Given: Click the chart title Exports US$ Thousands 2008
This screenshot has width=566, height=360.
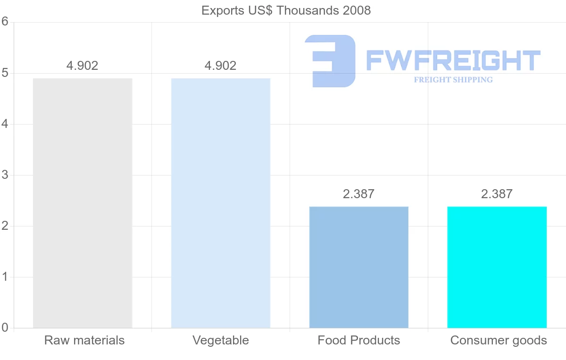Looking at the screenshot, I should [286, 10].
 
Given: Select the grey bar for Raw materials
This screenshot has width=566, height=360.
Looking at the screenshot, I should [83, 203].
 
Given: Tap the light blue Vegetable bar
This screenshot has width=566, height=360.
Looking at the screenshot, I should [221, 203].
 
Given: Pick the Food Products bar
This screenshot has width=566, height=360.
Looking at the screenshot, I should [358, 267].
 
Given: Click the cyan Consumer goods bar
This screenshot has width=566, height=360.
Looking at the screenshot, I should [497, 267].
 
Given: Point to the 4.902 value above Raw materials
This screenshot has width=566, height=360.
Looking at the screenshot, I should [83, 66].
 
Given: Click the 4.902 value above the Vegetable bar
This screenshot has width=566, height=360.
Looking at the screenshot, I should [221, 66].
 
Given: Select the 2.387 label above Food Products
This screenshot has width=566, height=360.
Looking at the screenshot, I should [358, 194].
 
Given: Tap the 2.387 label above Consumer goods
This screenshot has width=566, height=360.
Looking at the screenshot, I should [497, 194].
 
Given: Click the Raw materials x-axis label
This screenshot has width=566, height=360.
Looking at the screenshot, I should [84, 340].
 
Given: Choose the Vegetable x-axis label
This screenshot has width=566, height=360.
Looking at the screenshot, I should [221, 340].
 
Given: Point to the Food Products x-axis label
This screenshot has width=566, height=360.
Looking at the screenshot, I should [358, 340].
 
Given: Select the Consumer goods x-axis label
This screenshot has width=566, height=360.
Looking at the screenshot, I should [499, 340].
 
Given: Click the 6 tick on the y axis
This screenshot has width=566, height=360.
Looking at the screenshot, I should [5, 22].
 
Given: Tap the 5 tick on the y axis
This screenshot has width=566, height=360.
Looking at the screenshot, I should [5, 73].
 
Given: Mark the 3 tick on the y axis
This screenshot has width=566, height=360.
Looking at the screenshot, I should [5, 175].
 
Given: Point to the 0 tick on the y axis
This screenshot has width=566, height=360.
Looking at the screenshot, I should [5, 327].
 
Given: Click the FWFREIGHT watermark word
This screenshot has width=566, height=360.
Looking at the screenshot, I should [453, 60].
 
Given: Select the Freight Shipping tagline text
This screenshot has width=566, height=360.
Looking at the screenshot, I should [453, 80].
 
